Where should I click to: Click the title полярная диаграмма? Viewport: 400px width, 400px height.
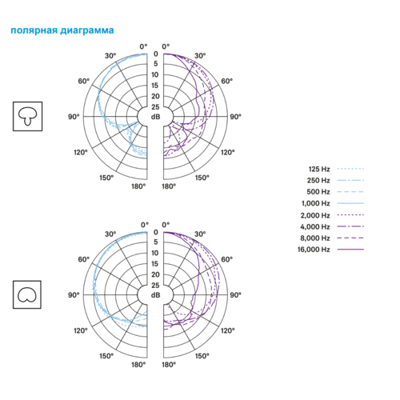pyautogui.click(x=62, y=30)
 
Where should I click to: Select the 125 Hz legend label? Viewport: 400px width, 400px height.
pyautogui.click(x=319, y=169)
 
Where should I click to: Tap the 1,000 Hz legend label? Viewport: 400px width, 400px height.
pyautogui.click(x=316, y=203)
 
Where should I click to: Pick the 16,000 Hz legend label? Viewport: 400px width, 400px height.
pyautogui.click(x=314, y=250)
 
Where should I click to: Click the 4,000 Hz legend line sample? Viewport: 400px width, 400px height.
pyautogui.click(x=350, y=226)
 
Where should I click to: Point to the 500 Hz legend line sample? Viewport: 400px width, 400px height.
pyautogui.click(x=350, y=192)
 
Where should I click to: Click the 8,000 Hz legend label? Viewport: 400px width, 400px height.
pyautogui.click(x=315, y=238)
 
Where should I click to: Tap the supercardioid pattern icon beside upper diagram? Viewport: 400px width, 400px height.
pyautogui.click(x=27, y=116)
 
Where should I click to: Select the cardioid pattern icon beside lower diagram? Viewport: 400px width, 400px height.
pyautogui.click(x=27, y=294)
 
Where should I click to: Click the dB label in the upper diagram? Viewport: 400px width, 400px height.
pyautogui.click(x=156, y=117)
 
